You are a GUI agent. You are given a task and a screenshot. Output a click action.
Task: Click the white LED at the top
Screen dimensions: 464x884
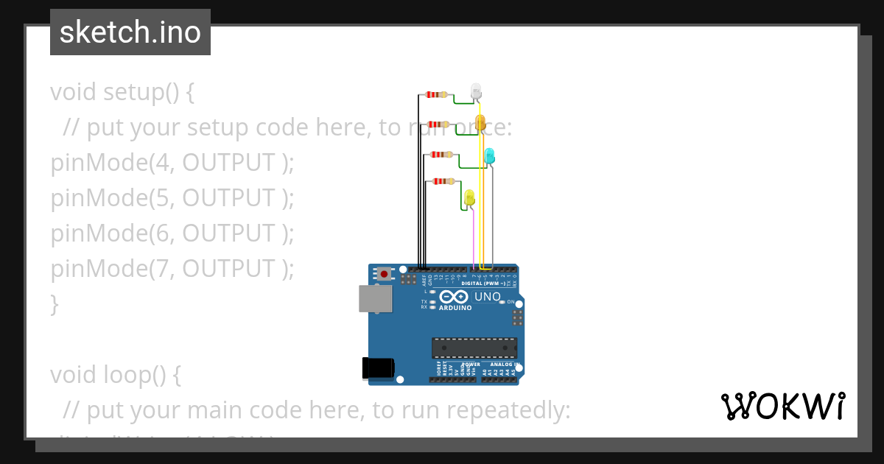(x=476, y=91)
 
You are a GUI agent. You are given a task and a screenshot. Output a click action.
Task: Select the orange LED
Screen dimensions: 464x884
(x=480, y=122)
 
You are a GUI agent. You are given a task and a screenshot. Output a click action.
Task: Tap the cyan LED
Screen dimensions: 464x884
(x=489, y=155)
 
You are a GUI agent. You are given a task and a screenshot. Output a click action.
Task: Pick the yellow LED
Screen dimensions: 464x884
(x=469, y=197)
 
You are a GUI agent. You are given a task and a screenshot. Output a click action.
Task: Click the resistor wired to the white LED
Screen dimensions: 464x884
(x=437, y=94)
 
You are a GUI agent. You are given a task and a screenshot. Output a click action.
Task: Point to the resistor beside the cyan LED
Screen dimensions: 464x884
(x=441, y=154)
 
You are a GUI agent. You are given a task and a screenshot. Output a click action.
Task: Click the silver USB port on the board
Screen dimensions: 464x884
(x=375, y=298)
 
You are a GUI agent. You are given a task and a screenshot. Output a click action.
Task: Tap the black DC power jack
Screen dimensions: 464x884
(x=378, y=368)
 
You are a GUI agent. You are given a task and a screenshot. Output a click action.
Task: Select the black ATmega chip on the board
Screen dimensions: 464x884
(x=474, y=348)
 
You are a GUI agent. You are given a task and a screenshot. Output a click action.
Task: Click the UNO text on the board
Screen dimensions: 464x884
(x=488, y=297)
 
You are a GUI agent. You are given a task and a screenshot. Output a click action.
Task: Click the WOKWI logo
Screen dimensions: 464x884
(x=782, y=406)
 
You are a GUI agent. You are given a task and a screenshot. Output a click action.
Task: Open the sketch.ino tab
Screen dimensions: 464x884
(x=130, y=32)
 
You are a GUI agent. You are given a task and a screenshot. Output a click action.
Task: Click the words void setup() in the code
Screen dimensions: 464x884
(x=122, y=93)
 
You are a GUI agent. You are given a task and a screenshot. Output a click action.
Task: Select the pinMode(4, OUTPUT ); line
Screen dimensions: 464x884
(x=172, y=163)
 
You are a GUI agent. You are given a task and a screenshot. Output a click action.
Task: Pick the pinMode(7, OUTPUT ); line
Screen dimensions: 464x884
(x=172, y=269)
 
